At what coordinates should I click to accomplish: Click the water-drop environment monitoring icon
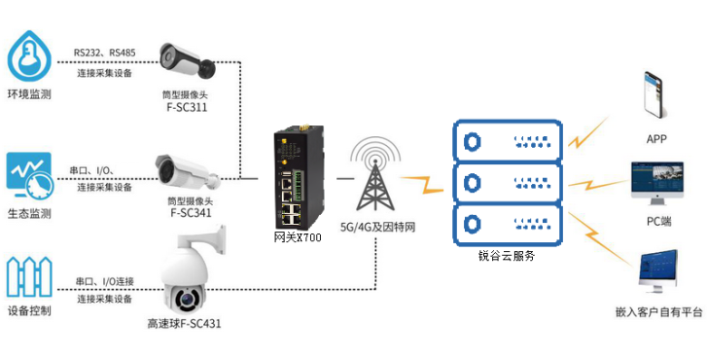(x=30, y=55)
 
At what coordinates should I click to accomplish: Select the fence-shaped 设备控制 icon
(x=29, y=276)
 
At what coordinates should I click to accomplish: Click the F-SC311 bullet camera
(x=187, y=61)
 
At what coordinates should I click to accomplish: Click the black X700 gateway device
(x=298, y=176)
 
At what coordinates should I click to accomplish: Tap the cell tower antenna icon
(x=375, y=174)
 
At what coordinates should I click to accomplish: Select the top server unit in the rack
(x=508, y=140)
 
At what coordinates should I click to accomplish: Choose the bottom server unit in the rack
(x=508, y=224)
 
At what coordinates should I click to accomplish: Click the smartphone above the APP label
(x=653, y=94)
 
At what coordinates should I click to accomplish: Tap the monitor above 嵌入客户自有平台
(x=658, y=271)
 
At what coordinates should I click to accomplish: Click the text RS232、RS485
(x=105, y=53)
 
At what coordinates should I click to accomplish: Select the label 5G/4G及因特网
(x=377, y=227)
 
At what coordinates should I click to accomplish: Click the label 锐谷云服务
(x=507, y=256)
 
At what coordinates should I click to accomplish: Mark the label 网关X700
(x=298, y=237)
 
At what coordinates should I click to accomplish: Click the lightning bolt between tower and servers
(x=422, y=185)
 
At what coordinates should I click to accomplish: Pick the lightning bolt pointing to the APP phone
(x=587, y=132)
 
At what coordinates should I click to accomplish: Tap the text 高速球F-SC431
(x=184, y=323)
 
